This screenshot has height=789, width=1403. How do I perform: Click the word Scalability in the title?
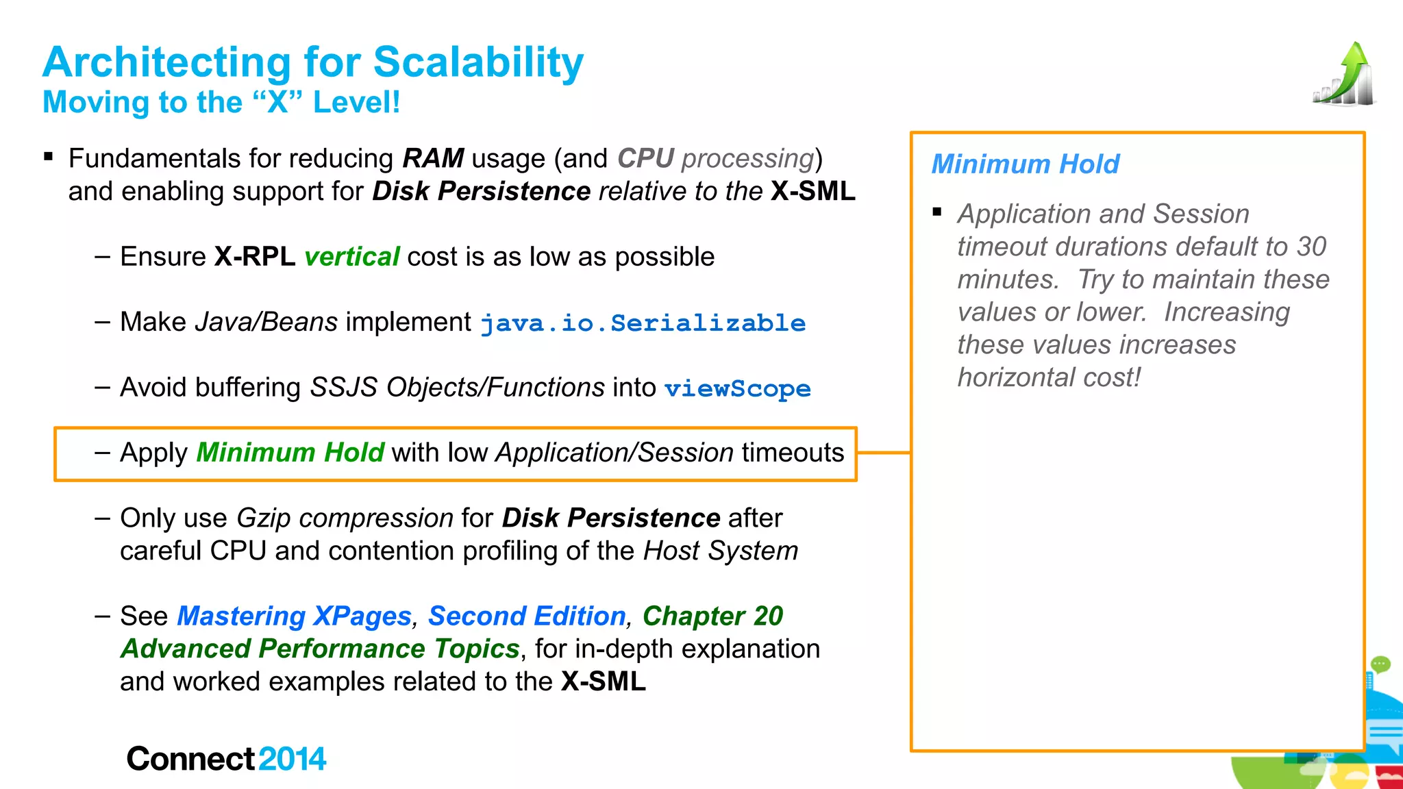point(478,62)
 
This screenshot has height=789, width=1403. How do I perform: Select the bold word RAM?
point(433,158)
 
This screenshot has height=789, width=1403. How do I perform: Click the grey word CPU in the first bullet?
point(645,158)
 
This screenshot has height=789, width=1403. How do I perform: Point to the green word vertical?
point(351,257)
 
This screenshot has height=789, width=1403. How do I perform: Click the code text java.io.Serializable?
point(643,323)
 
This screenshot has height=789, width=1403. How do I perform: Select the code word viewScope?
point(737,388)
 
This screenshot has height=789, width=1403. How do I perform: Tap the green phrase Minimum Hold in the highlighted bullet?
point(290,453)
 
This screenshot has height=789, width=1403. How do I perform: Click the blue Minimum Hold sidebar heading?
point(1025,164)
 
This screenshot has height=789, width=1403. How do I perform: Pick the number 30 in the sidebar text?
point(1311,247)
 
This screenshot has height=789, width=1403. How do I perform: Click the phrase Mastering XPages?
point(294,616)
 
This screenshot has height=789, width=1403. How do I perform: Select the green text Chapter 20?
point(712,616)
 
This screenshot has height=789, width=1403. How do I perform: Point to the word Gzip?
point(264,518)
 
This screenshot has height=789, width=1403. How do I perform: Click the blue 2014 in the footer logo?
point(293,759)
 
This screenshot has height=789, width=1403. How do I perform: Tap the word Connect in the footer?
point(190,759)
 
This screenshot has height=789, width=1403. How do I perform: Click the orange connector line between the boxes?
point(884,453)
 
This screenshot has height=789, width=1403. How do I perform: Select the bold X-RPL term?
point(255,257)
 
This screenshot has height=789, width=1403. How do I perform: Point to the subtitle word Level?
point(356,103)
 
